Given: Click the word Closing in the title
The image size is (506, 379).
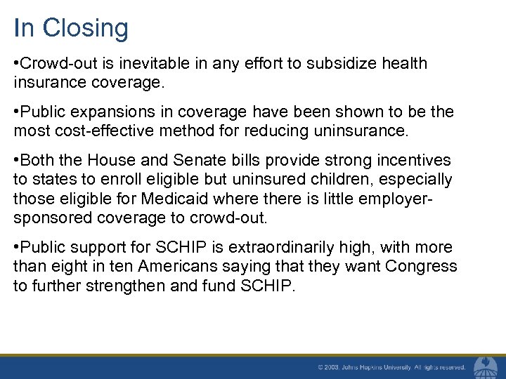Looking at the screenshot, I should [85, 29].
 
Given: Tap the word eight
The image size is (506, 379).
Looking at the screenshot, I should [66, 267].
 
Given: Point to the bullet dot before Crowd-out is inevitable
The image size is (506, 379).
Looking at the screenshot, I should [16, 64].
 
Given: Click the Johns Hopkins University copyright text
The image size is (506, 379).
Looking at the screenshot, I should [391, 367].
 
